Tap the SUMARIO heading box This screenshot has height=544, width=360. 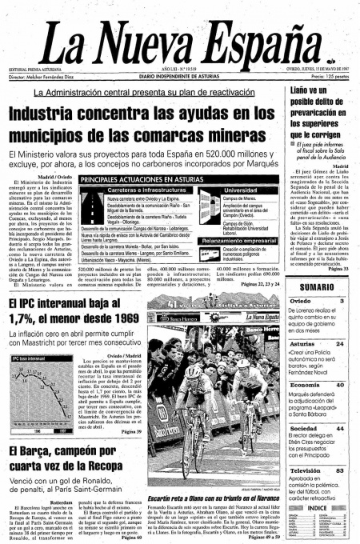[x=317, y=286]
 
